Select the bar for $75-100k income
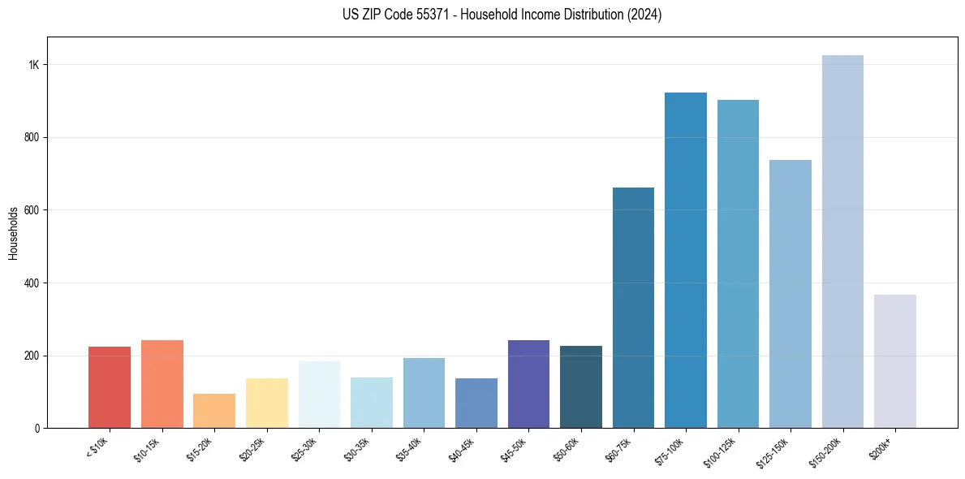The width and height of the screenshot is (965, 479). pyautogui.click(x=686, y=261)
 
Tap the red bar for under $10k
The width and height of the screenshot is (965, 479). pyautogui.click(x=110, y=387)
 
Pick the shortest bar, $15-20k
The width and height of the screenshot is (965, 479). pyautogui.click(x=214, y=411)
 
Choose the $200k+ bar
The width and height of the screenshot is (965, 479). pyautogui.click(x=895, y=361)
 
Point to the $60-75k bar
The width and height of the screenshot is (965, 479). pyautogui.click(x=633, y=308)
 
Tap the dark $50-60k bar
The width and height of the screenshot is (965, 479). pyautogui.click(x=581, y=387)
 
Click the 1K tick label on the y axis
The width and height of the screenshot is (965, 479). pyautogui.click(x=33, y=65)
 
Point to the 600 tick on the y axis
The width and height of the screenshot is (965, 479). pyautogui.click(x=31, y=210)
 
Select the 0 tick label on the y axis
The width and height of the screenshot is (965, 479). pyautogui.click(x=37, y=428)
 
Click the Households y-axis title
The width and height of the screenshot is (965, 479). pyautogui.click(x=14, y=232)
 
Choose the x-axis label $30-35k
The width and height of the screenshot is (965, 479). pyautogui.click(x=360, y=449)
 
